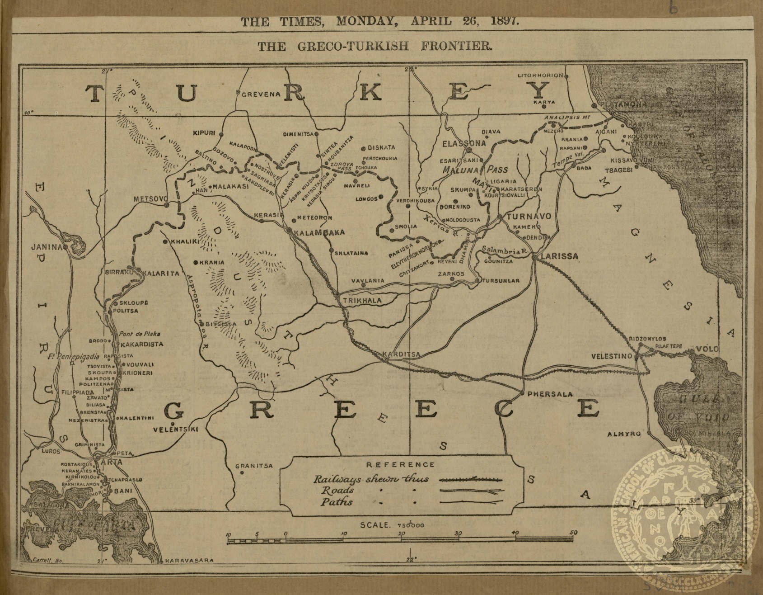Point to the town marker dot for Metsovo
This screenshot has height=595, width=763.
click(x=167, y=204)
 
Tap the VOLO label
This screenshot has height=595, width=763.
click(x=706, y=349)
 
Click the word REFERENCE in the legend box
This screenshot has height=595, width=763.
click(x=400, y=464)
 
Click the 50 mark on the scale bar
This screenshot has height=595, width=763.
click(x=573, y=533)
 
